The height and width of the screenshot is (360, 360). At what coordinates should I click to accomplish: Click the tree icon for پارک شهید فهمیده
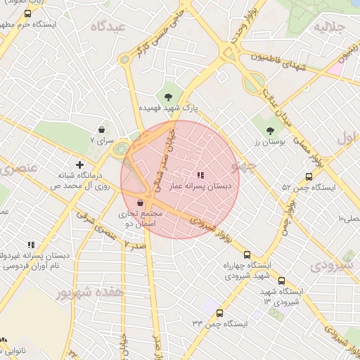[x=167, y=97]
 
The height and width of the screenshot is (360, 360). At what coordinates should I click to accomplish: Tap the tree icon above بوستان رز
[x=270, y=130]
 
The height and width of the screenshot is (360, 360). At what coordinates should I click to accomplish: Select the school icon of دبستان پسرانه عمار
[x=200, y=175]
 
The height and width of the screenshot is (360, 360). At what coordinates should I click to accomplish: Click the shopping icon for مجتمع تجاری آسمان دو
[x=141, y=202]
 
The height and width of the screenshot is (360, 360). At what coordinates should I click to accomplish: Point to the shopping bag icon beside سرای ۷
[x=102, y=130]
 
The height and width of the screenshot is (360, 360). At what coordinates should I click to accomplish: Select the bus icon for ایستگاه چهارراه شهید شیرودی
[x=246, y=255]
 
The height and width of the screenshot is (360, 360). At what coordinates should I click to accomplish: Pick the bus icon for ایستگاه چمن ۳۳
[x=220, y=313]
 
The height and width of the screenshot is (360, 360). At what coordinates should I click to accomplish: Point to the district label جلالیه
[x=329, y=27]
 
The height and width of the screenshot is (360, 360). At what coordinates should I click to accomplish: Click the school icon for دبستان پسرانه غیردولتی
[x=31, y=245]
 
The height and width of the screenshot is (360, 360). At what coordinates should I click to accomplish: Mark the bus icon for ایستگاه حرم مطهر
[x=27, y=13]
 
